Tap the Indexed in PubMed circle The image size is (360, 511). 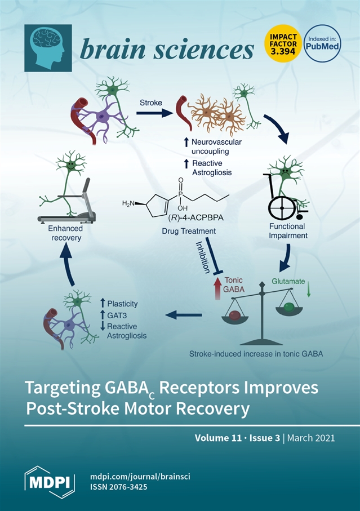click(322, 44)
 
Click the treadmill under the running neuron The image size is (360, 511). click(66, 211)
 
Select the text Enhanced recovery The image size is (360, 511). click(65, 233)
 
